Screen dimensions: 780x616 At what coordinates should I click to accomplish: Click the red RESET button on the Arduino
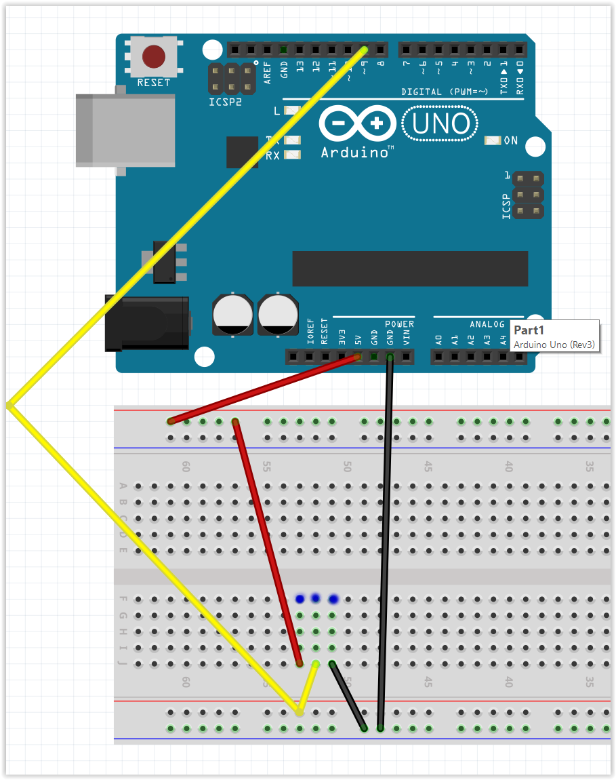154,56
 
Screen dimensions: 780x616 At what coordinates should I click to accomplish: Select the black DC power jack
146,324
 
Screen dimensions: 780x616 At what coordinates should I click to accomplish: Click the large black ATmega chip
409,269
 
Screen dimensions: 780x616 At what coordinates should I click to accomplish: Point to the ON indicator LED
493,141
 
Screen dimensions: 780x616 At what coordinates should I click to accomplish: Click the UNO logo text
441,124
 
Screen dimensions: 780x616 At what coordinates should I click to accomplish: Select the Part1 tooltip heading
529,330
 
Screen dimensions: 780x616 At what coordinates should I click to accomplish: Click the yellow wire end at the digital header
365,50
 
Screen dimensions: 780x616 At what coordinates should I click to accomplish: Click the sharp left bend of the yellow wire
9,406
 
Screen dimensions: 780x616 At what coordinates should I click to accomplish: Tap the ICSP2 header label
224,102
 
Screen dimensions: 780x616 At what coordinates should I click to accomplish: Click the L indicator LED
292,111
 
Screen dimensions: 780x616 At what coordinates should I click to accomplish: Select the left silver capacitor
233,313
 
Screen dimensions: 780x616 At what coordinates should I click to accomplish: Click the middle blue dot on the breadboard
315,598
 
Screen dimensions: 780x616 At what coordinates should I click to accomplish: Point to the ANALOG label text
487,324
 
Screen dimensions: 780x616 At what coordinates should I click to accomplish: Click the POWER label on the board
399,324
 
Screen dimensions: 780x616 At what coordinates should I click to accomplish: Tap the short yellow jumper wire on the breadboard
308,687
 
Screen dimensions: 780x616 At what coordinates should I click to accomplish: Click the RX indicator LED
292,155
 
